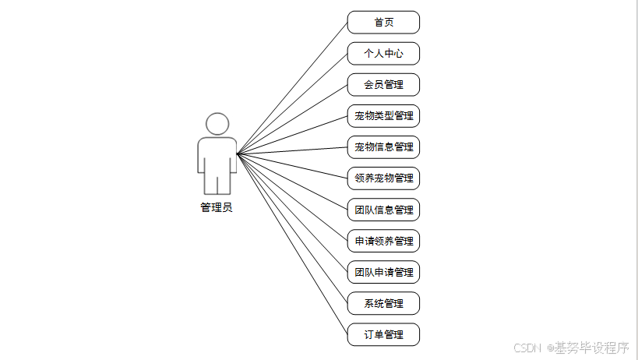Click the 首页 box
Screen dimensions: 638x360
coord(383,23)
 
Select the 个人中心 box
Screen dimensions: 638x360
coord(383,54)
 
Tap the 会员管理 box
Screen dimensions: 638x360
coord(383,85)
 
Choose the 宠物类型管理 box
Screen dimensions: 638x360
coord(383,116)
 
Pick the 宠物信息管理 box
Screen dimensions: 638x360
coord(383,147)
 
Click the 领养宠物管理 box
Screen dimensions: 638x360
coord(383,178)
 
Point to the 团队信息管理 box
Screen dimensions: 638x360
coord(383,210)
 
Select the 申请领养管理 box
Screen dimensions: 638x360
coord(383,241)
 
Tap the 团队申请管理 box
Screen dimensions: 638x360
coord(383,272)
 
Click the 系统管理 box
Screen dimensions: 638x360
coord(383,303)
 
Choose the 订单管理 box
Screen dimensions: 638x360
coord(383,334)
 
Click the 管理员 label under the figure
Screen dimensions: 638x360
coord(217,208)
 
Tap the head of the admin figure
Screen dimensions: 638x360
coord(217,125)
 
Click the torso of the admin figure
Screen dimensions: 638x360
coord(217,156)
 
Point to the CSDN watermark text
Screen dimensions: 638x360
coord(528,348)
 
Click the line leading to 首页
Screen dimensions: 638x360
coord(292,88)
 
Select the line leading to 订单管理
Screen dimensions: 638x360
coord(292,245)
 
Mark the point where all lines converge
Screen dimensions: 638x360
coord(238,154)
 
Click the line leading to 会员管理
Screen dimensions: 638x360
coord(292,119)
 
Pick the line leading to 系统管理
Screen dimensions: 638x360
coord(292,228)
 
